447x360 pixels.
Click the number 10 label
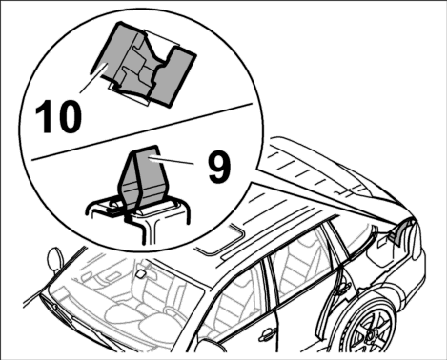tap(58, 116)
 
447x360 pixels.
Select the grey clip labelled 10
tap(143, 66)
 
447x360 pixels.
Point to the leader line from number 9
tap(173, 161)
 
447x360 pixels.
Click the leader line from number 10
tap(92, 78)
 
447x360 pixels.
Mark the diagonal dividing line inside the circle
tap(141, 130)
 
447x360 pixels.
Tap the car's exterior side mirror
tap(54, 260)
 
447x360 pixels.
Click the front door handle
tap(266, 333)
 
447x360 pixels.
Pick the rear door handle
tap(342, 289)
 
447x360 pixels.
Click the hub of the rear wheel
tap(371, 334)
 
